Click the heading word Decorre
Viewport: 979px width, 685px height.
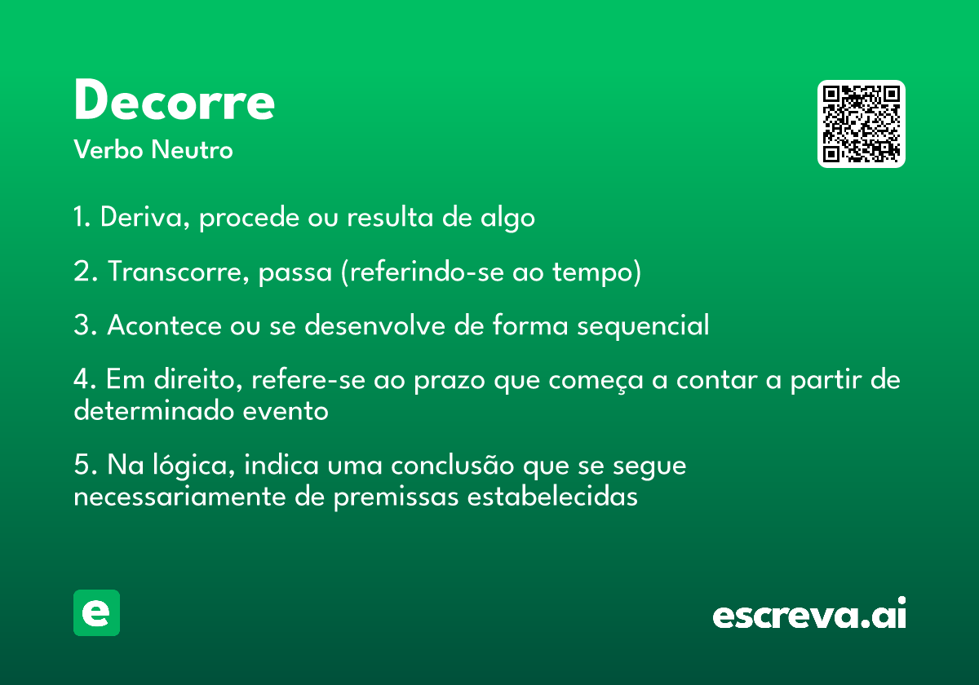175,99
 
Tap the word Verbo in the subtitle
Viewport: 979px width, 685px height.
109,149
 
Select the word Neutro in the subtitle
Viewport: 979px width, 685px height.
192,149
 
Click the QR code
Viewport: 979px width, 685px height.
861,124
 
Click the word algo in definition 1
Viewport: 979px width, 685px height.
507,218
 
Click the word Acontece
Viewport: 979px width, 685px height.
164,325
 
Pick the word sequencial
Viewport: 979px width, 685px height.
643,326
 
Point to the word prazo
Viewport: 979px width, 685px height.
450,381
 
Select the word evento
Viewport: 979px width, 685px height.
286,412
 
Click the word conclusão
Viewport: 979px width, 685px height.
452,465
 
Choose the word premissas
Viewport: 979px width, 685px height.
396,498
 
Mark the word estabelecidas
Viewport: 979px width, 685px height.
552,497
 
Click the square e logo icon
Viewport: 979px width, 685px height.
96,612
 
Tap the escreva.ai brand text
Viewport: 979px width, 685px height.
809,613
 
